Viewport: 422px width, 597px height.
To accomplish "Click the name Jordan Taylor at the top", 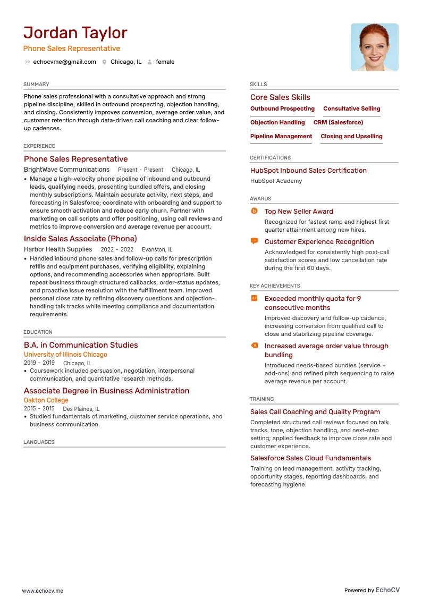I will (75, 33).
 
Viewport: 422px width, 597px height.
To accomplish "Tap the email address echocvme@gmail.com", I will (64, 62).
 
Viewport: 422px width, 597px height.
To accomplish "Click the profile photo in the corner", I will (374, 47).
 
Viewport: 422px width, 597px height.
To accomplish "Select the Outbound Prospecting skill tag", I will (282, 108).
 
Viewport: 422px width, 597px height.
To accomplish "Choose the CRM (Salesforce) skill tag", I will (338, 122).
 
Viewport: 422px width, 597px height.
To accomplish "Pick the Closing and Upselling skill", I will (351, 136).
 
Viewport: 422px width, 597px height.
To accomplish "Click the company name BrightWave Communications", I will (66, 170).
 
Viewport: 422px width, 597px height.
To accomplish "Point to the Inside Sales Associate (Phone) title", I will (80, 239).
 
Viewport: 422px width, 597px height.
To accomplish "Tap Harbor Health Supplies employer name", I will (58, 249).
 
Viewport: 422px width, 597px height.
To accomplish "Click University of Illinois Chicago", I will (65, 355).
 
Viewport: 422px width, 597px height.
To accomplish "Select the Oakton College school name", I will (46, 400).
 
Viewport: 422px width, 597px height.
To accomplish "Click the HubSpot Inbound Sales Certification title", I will (308, 171).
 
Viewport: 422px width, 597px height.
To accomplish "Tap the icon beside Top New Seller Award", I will (254, 211).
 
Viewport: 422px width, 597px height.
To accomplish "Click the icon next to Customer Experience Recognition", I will (254, 241).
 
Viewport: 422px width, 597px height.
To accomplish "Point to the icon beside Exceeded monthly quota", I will (254, 298).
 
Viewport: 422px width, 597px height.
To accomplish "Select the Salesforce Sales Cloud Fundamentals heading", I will (310, 458).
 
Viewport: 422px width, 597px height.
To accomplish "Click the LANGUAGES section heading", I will (39, 442).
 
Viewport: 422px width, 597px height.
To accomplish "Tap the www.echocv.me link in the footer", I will (43, 591).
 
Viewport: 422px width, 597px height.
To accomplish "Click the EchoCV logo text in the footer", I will (387, 590).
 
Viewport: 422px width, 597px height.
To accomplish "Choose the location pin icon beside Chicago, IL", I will (105, 62).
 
